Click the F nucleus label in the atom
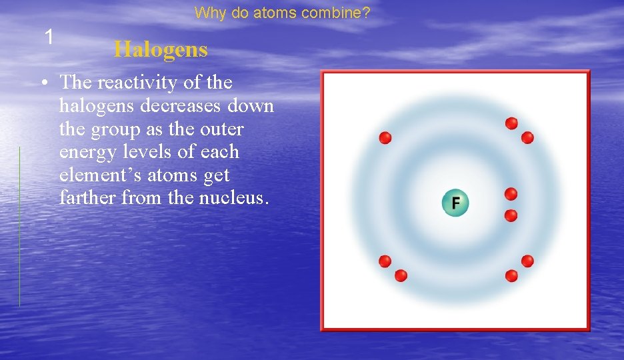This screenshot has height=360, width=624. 455,203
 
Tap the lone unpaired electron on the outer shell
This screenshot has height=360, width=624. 385,137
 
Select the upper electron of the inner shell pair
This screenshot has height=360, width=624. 511,194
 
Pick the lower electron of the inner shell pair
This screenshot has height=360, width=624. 511,215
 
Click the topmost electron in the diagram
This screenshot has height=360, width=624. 511,123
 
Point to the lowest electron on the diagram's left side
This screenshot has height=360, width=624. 401,275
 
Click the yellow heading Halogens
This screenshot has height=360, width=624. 161,49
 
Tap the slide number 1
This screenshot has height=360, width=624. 49,37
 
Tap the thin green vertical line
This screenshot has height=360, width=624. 19,227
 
